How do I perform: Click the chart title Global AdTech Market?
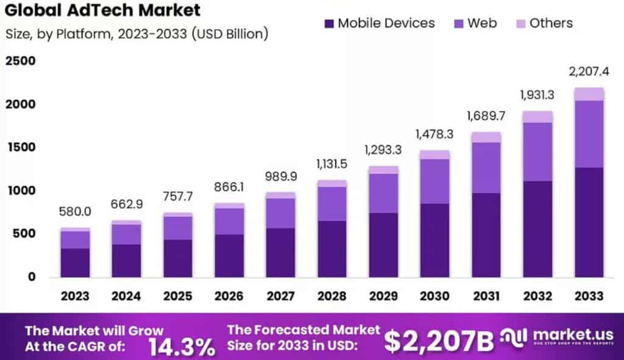click(103, 10)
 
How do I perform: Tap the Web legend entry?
click(474, 24)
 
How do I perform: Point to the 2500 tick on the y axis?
click(21, 62)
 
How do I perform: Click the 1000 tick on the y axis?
click(21, 191)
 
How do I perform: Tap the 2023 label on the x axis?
click(74, 296)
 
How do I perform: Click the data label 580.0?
click(74, 212)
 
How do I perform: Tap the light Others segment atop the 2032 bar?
click(537, 117)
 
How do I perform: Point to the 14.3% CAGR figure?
click(182, 346)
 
